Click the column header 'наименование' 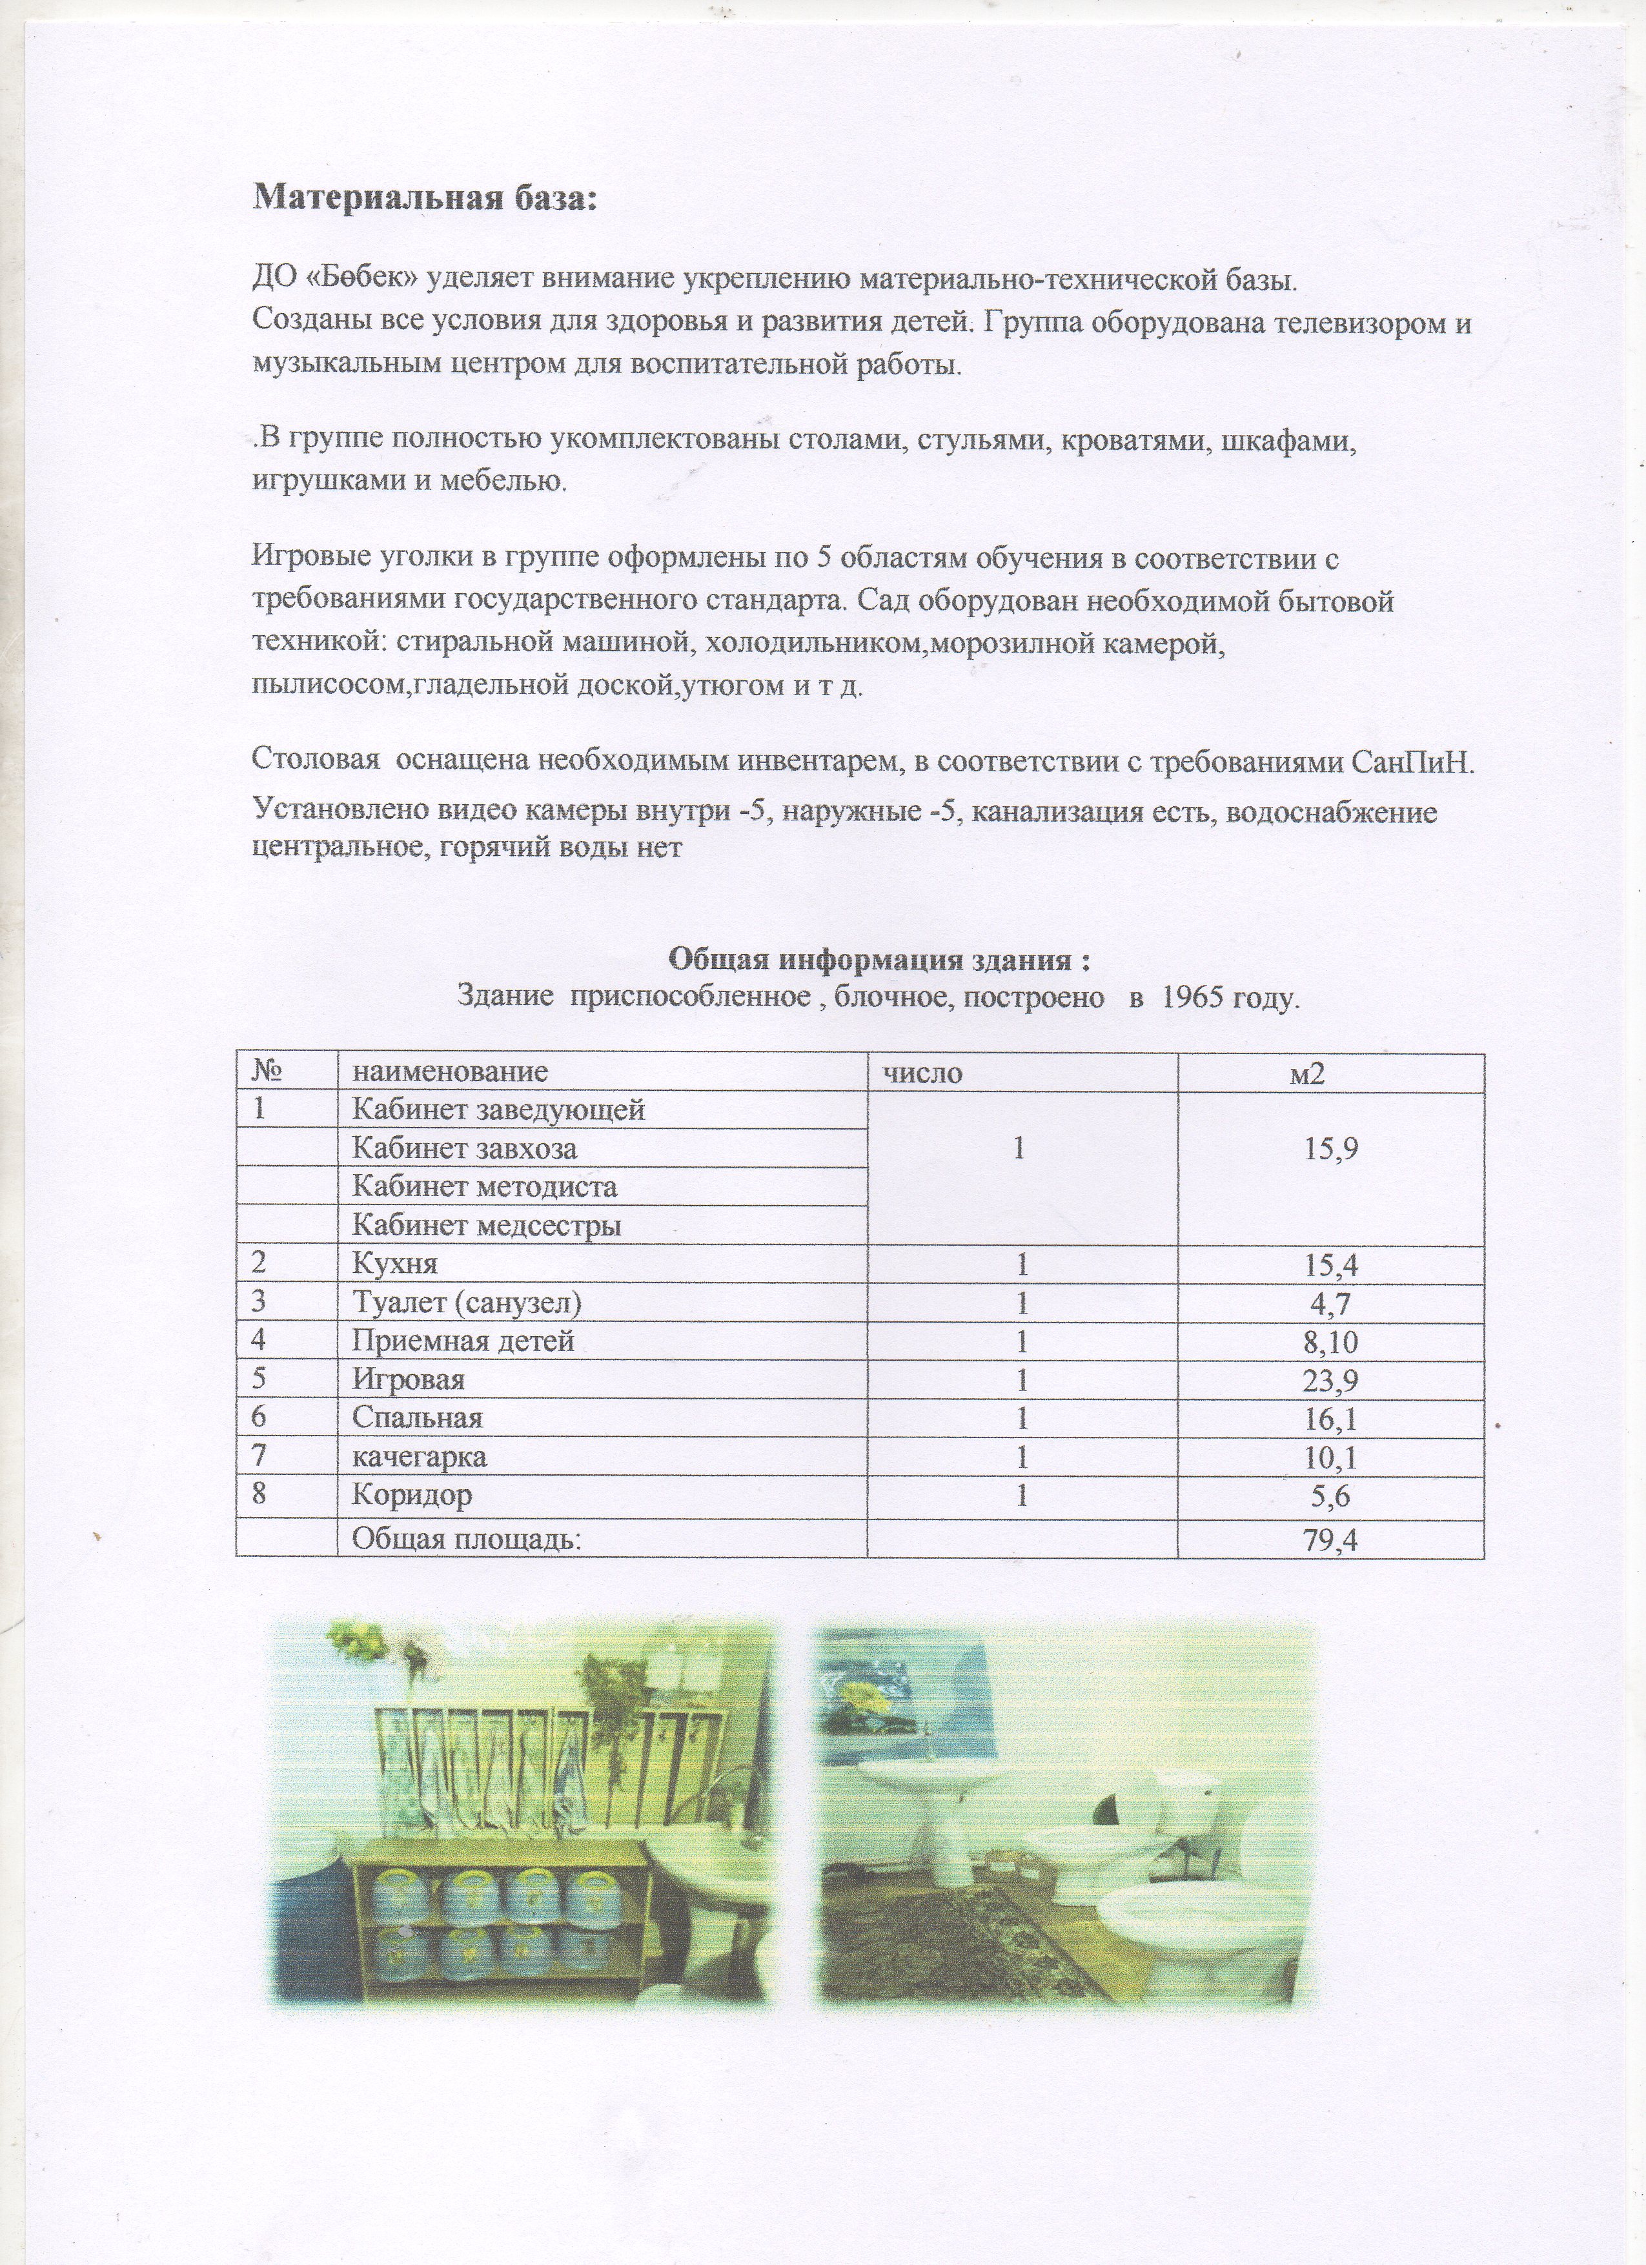tap(449, 1073)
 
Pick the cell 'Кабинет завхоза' tap(465, 1148)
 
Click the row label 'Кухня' tap(396, 1265)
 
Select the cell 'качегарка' tap(420, 1457)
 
